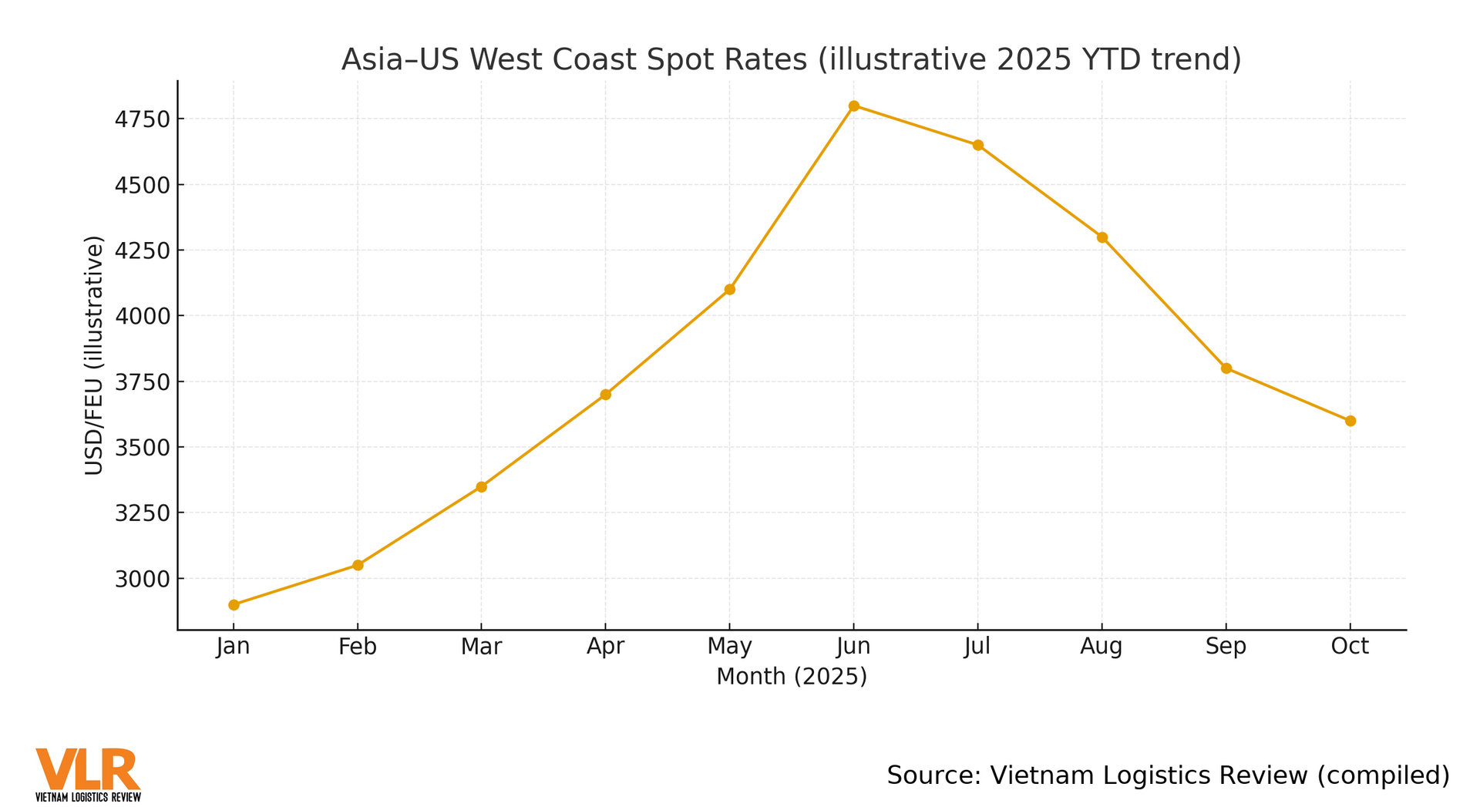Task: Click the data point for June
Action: tap(853, 106)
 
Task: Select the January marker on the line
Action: tap(234, 605)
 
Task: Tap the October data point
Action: tap(1350, 421)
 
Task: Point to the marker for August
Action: tap(1102, 237)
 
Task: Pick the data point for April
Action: tap(605, 395)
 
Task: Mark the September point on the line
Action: tap(1226, 368)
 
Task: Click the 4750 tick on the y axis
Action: tap(141, 119)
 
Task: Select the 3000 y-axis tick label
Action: tap(141, 579)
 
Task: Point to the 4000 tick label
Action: tap(141, 317)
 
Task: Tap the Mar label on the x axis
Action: tap(481, 647)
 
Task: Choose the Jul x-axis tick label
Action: tap(977, 647)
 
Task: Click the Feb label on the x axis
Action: tap(358, 647)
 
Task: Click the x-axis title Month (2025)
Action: tap(792, 677)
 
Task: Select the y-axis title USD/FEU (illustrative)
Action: tap(93, 355)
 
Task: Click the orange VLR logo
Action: tap(88, 773)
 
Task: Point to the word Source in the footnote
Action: tap(930, 775)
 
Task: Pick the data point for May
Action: tap(729, 290)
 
